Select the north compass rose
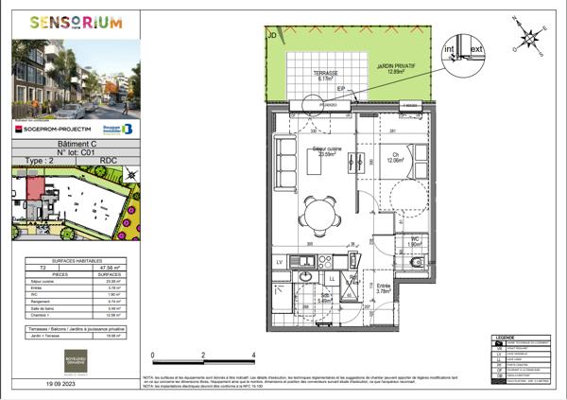click(x=530, y=41)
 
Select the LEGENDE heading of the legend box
click(x=504, y=337)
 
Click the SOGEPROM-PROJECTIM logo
click(x=58, y=127)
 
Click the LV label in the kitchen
click(x=280, y=261)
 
